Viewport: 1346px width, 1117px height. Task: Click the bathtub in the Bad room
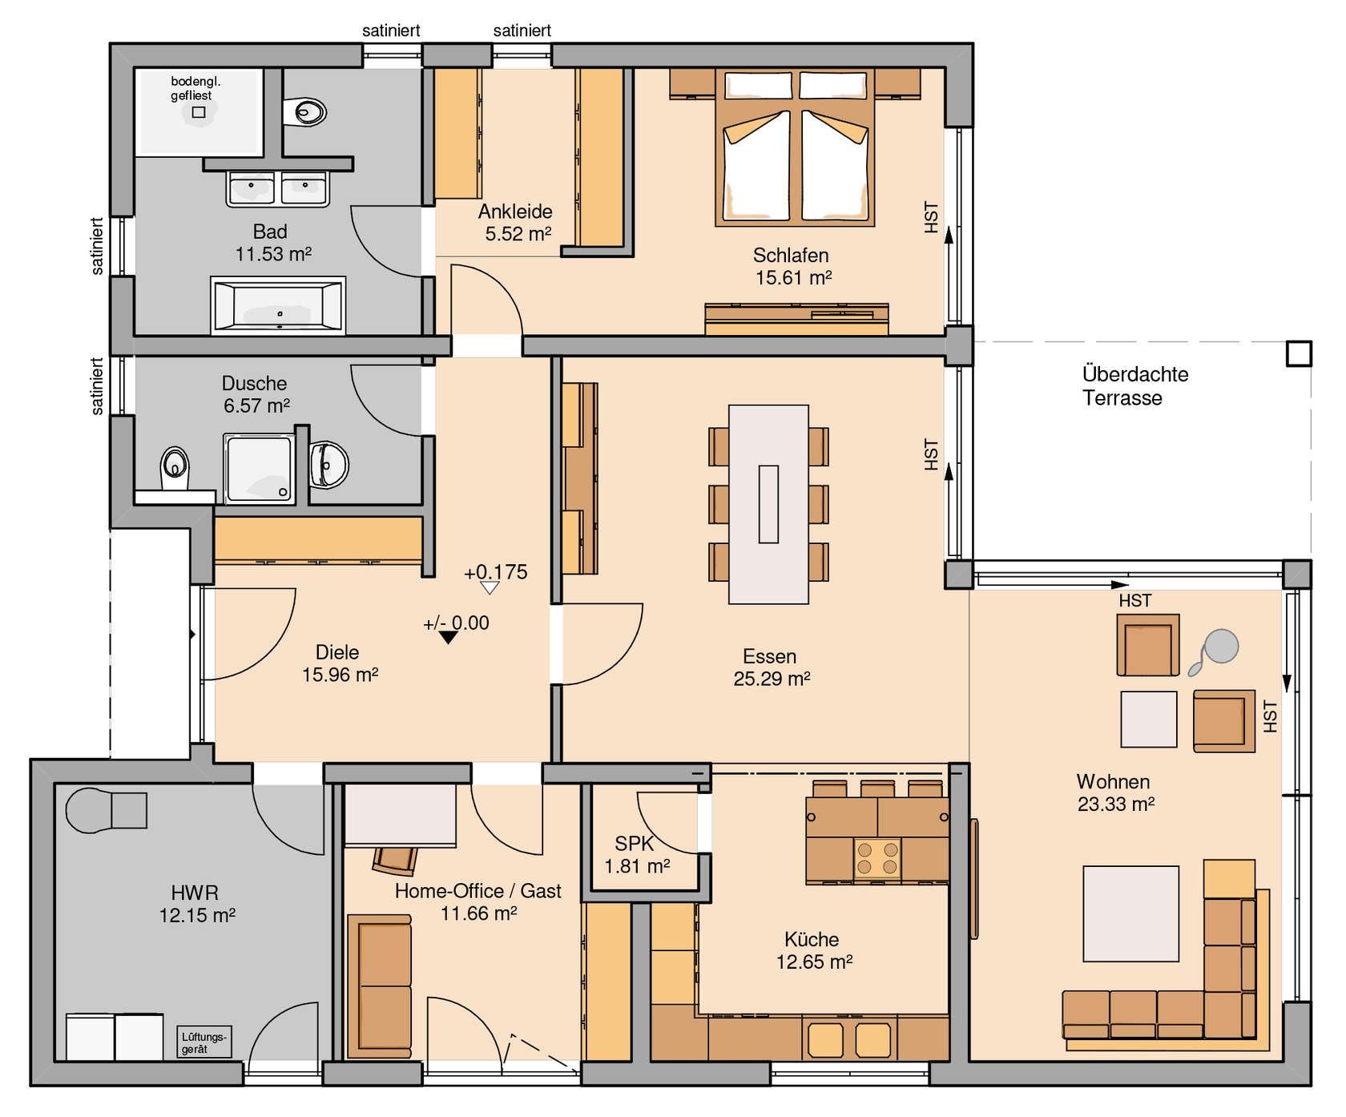(278, 305)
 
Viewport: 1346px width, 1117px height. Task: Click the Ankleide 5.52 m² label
(516, 223)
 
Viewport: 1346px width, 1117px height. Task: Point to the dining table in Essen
(768, 504)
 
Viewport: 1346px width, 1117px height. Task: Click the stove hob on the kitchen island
(877, 858)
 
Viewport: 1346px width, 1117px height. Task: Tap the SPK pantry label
(637, 855)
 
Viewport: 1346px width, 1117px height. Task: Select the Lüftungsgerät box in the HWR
(204, 1042)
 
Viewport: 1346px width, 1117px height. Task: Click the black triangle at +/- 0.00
(449, 637)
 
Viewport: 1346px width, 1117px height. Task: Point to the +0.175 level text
(496, 572)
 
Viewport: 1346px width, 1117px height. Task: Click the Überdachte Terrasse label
(1134, 385)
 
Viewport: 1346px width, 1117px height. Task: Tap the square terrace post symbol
(1299, 353)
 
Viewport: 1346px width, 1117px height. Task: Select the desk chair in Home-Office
(395, 859)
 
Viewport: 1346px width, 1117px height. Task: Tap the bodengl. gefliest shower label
(195, 88)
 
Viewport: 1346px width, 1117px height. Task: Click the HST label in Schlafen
(931, 217)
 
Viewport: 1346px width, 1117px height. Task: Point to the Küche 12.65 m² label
(813, 950)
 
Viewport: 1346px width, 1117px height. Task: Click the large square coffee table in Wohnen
(1130, 913)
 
